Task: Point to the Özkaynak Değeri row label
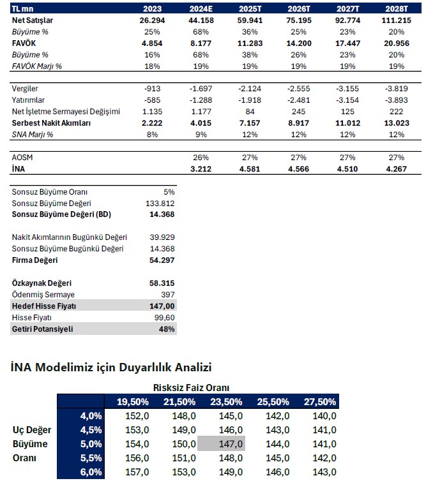click(x=42, y=283)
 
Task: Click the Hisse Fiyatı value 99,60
click(x=164, y=318)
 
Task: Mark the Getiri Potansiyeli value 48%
click(x=167, y=329)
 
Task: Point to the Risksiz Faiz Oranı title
click(x=191, y=387)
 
